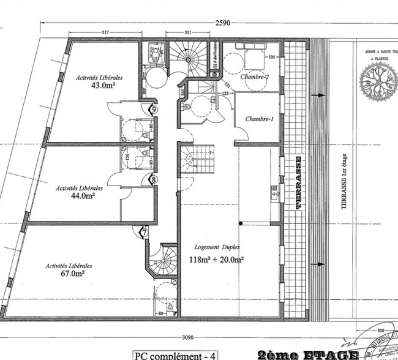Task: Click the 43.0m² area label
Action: (x=104, y=86)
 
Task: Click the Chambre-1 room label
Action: (x=258, y=119)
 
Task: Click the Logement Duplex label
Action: (x=217, y=247)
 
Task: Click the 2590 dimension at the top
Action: (x=223, y=23)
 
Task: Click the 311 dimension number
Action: (x=189, y=32)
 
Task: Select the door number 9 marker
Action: (x=153, y=108)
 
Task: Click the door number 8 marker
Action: (x=153, y=179)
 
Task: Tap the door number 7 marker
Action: (x=145, y=232)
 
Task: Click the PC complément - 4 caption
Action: (x=176, y=354)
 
